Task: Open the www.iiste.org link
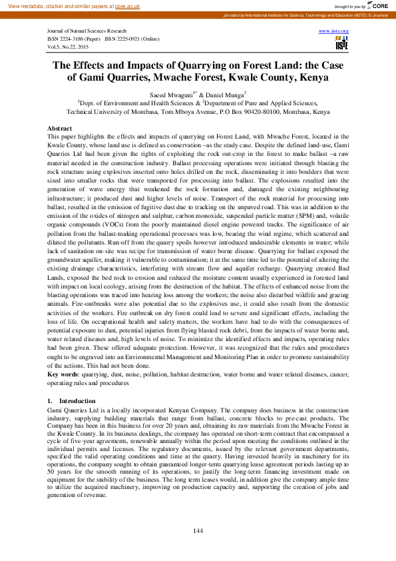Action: (334, 31)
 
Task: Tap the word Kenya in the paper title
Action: (329, 77)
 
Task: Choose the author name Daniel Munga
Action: (224, 95)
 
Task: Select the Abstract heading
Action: (61, 128)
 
